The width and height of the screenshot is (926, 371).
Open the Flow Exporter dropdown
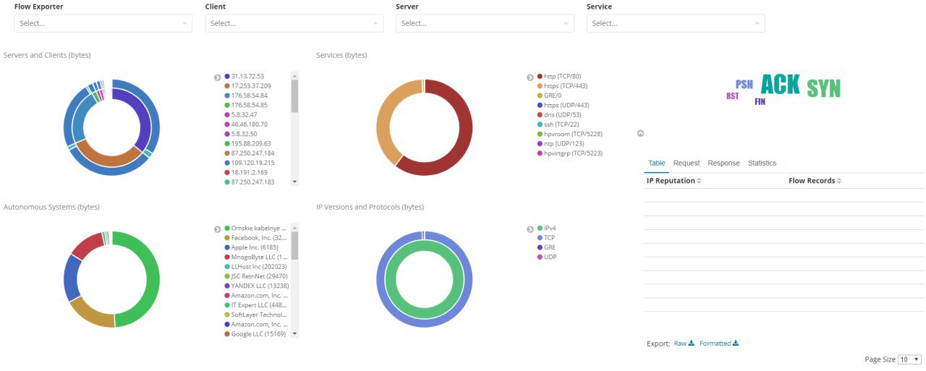pyautogui.click(x=103, y=23)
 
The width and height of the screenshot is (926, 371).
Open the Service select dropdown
pyautogui.click(x=676, y=23)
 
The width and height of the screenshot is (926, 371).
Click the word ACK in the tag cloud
pyautogui.click(x=781, y=85)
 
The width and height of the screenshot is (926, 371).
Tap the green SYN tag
pyautogui.click(x=823, y=88)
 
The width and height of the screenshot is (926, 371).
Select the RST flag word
pyautogui.click(x=733, y=96)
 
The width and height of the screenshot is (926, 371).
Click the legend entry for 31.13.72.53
pyautogui.click(x=244, y=76)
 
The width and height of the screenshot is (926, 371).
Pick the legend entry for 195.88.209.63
pyautogui.click(x=247, y=143)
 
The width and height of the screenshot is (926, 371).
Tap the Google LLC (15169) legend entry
pyautogui.click(x=255, y=334)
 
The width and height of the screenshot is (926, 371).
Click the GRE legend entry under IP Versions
pyautogui.click(x=546, y=247)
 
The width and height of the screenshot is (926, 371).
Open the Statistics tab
pyautogui.click(x=762, y=163)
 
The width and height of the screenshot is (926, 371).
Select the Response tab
pyautogui.click(x=723, y=163)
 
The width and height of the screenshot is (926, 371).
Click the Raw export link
pyautogui.click(x=684, y=344)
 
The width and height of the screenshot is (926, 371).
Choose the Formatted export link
pyautogui.click(x=719, y=344)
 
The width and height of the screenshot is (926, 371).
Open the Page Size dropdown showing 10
pyautogui.click(x=909, y=359)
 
